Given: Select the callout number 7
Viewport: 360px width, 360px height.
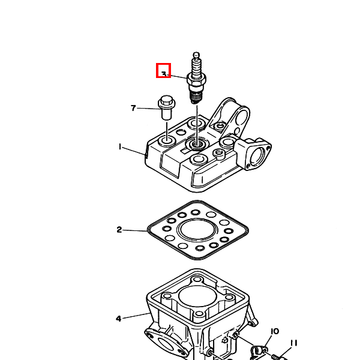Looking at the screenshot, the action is tap(133, 108).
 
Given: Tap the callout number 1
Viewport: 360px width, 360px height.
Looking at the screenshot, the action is tap(120, 146).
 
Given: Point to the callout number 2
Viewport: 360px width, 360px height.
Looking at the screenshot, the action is tap(119, 230).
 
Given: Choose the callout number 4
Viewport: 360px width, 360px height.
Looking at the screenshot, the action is tap(118, 319).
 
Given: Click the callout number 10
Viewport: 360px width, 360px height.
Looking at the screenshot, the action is tap(275, 331).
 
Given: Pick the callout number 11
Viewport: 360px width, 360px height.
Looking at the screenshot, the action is tap(293, 343).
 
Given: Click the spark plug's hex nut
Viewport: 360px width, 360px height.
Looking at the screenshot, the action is tap(196, 79).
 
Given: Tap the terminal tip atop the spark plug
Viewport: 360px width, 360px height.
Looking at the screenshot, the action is tap(196, 55).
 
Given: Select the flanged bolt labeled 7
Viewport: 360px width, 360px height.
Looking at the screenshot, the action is tap(167, 107).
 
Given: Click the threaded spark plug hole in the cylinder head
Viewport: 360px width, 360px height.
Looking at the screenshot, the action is tap(196, 144).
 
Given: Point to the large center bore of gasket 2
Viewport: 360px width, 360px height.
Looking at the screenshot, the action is tap(197, 230).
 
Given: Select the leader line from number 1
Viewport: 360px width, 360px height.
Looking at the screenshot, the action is tap(134, 151).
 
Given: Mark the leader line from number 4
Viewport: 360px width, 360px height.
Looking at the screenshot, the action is tap(136, 316).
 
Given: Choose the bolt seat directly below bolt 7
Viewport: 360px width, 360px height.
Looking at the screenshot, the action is tap(167, 140).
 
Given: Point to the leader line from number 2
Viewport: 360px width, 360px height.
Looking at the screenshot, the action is tap(135, 230).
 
